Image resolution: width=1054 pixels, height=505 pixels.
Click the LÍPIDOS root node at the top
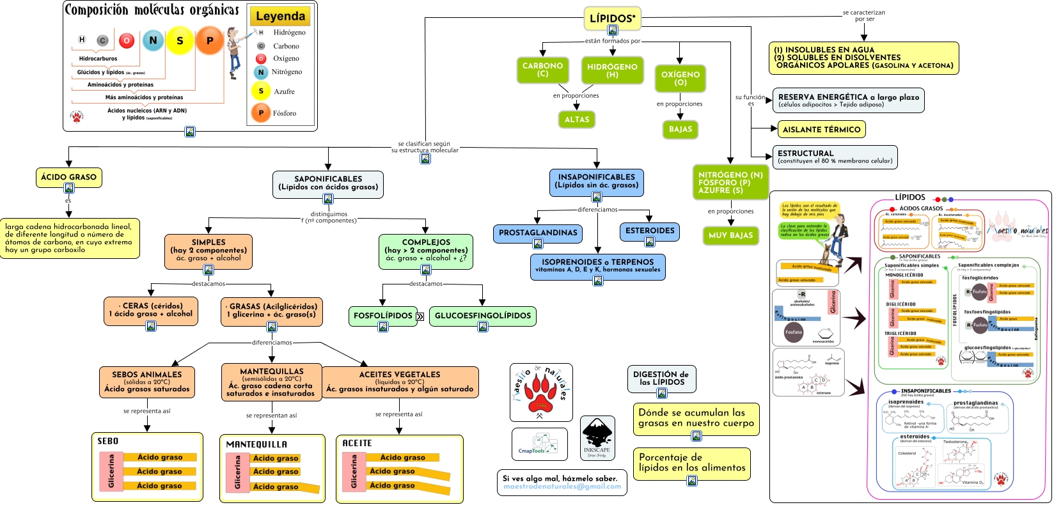click(x=612, y=19)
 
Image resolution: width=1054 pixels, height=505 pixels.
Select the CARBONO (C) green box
click(x=542, y=70)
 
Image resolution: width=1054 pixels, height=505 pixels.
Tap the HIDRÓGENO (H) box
click(x=612, y=70)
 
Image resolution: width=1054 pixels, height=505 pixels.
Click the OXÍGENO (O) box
click(x=680, y=78)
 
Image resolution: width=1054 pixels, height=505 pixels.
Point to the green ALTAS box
click(x=576, y=120)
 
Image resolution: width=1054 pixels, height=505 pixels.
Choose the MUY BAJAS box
click(x=730, y=235)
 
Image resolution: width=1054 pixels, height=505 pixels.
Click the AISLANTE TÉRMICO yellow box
click(x=821, y=129)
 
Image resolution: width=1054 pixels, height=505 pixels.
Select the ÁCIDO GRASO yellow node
click(x=68, y=177)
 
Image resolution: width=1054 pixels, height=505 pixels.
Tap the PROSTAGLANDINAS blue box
click(x=537, y=233)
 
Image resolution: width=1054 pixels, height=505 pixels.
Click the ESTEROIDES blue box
click(x=649, y=231)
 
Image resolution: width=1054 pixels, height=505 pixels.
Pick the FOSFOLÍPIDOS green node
click(x=382, y=316)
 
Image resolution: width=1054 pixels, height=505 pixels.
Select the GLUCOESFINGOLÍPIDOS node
click(x=482, y=316)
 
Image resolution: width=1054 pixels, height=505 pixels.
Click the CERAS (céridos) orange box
click(x=150, y=310)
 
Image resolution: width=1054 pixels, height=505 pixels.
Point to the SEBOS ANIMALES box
click(x=146, y=382)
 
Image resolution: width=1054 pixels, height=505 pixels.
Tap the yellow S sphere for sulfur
click(x=180, y=41)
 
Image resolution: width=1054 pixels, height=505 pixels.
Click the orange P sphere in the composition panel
click(x=209, y=40)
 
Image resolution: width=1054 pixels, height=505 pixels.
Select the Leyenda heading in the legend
click(x=280, y=16)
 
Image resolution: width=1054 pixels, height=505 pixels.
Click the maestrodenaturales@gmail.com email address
click(x=562, y=486)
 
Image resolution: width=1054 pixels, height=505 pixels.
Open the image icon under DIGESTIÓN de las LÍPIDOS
click(x=661, y=393)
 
